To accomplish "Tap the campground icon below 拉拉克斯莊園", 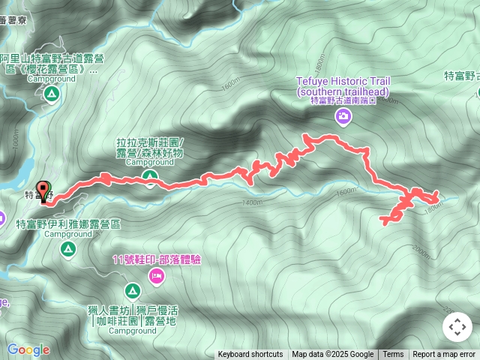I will pyautogui.click(x=150, y=178).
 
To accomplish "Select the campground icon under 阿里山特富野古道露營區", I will pyautogui.click(x=51, y=94).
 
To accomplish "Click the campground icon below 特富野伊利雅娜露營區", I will pyautogui.click(x=68, y=248).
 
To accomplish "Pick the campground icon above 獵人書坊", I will pyautogui.click(x=133, y=290).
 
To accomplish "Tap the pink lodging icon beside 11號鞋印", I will pyautogui.click(x=157, y=276).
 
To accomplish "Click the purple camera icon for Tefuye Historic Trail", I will pyautogui.click(x=343, y=116).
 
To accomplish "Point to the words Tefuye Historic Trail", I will pyautogui.click(x=343, y=82).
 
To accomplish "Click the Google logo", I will pyautogui.click(x=28, y=349).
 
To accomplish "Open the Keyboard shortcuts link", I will pyautogui.click(x=250, y=355).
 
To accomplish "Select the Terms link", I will pyautogui.click(x=393, y=355).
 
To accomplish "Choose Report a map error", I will pyautogui.click(x=444, y=355).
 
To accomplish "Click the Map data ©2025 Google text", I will pyautogui.click(x=332, y=355).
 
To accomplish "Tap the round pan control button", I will pyautogui.click(x=457, y=327).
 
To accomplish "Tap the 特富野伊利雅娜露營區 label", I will pyautogui.click(x=69, y=223).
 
